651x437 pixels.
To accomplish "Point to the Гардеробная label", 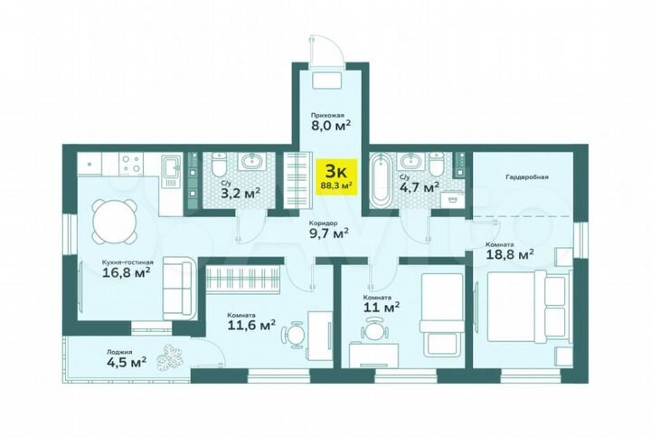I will (528, 177).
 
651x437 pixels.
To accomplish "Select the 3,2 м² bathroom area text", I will (241, 191).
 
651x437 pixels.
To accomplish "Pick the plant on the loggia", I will (167, 360).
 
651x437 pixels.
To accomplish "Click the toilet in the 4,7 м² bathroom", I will (437, 166).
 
